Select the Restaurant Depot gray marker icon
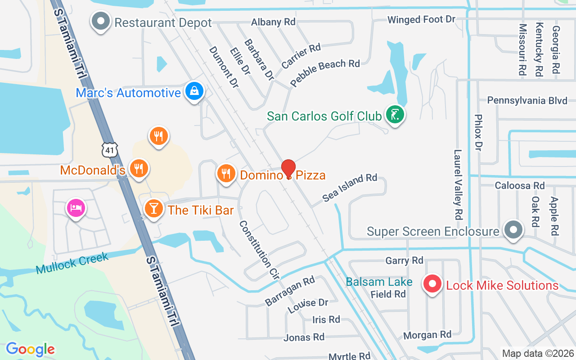click(101, 21)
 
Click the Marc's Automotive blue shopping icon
click(194, 91)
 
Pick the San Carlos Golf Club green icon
click(395, 115)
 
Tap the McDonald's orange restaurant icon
click(139, 168)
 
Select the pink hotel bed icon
click(76, 208)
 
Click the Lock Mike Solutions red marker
click(432, 284)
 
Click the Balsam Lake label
click(379, 282)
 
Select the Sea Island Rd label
click(350, 188)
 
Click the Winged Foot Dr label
click(422, 20)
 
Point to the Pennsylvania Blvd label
click(527, 100)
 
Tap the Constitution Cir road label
click(259, 251)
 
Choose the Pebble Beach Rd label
click(325, 72)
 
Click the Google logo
click(30, 349)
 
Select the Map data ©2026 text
click(538, 353)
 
